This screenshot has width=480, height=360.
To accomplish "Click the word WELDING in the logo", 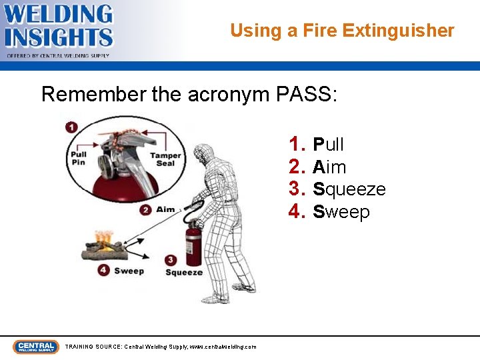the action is click(58, 14).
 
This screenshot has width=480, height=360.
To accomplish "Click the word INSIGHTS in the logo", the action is click(59, 37).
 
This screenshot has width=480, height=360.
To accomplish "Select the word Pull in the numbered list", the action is click(328, 144).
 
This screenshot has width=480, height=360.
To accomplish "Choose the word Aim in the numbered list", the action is click(329, 167).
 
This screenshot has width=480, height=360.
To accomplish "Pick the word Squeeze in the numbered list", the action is click(349, 189).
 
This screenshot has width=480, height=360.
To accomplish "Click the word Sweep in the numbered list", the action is click(341, 212).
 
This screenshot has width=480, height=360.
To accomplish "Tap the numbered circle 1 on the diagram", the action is click(71, 127).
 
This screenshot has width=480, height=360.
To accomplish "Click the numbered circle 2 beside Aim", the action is click(145, 210).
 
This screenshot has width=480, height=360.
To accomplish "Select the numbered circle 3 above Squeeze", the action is click(171, 260).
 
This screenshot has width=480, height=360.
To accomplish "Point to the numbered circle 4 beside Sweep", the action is click(103, 270).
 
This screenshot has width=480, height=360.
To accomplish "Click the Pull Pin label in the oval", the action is click(79, 158).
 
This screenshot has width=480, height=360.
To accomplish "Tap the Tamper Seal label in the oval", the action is click(165, 159).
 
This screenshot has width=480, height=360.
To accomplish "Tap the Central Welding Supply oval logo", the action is click(36, 347).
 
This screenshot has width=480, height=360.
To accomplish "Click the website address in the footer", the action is click(223, 347).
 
